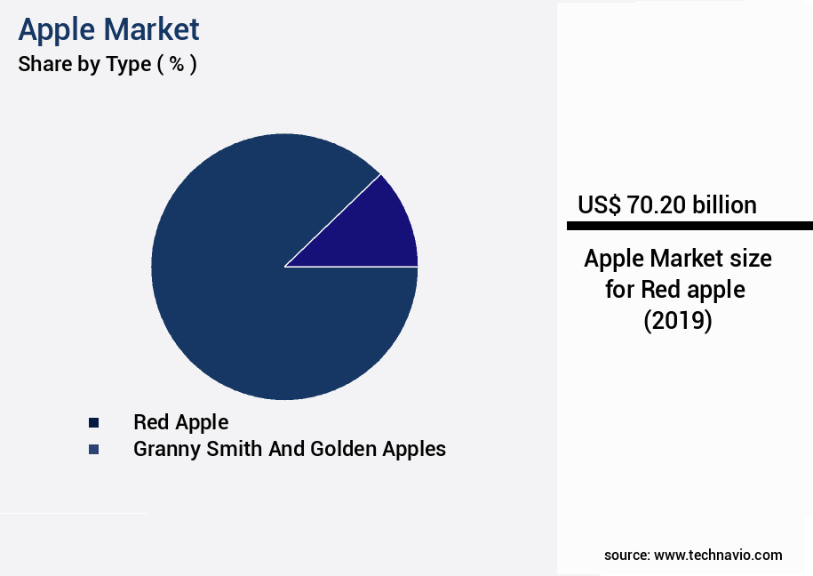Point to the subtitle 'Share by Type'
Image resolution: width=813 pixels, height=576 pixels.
pos(84,65)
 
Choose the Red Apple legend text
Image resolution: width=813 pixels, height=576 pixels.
pos(180,422)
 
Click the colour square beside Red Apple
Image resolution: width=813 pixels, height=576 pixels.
pos(92,423)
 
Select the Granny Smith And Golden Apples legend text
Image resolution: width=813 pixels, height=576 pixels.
pos(289,449)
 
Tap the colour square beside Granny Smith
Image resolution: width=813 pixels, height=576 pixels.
pos(92,450)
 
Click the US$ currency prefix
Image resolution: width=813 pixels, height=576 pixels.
pos(598,205)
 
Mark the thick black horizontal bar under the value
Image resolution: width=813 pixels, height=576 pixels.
pos(689,226)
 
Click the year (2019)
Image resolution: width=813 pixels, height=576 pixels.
pos(678,320)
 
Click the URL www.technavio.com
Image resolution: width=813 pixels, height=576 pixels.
pos(718,555)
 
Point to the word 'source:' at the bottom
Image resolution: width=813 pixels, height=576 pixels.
pos(626,555)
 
